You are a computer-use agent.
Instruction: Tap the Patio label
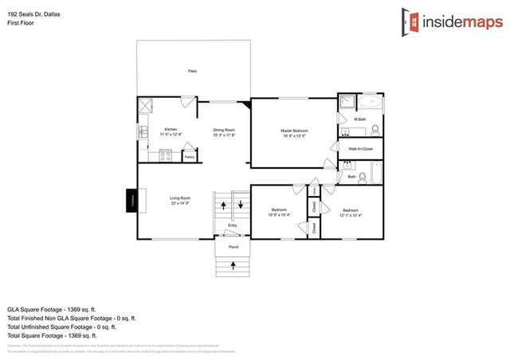[x=192, y=71]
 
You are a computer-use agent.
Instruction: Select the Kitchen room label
[x=171, y=129]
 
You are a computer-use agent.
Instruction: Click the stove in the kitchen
[x=167, y=155]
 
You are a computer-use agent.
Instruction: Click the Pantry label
[x=190, y=157]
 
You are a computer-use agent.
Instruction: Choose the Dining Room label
[x=224, y=129]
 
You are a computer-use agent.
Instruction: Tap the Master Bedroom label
[x=294, y=130]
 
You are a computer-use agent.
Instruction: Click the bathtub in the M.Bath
[x=370, y=103]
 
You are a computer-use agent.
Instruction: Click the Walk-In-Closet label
[x=360, y=148]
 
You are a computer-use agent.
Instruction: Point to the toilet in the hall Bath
[x=362, y=177]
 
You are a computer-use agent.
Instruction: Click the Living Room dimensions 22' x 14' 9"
[x=179, y=203]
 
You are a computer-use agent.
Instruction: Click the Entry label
[x=233, y=225]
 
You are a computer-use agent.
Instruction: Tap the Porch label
[x=233, y=247]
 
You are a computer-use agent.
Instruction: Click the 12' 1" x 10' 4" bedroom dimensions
[x=351, y=215]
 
